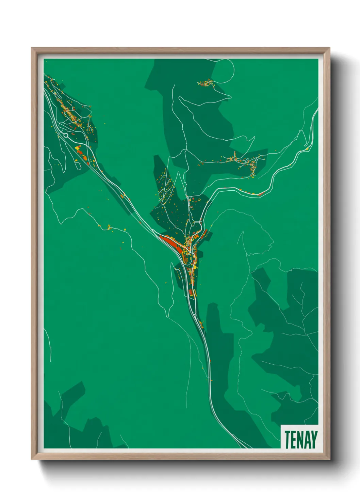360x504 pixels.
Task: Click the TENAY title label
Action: click(301, 439)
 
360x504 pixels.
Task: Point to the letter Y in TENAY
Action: click(314, 439)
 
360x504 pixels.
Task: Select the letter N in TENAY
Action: click(300, 439)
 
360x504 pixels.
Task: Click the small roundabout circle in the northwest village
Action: click(66, 135)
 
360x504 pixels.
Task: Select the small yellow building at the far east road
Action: click(307, 149)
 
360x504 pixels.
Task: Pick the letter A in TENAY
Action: click(307, 439)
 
